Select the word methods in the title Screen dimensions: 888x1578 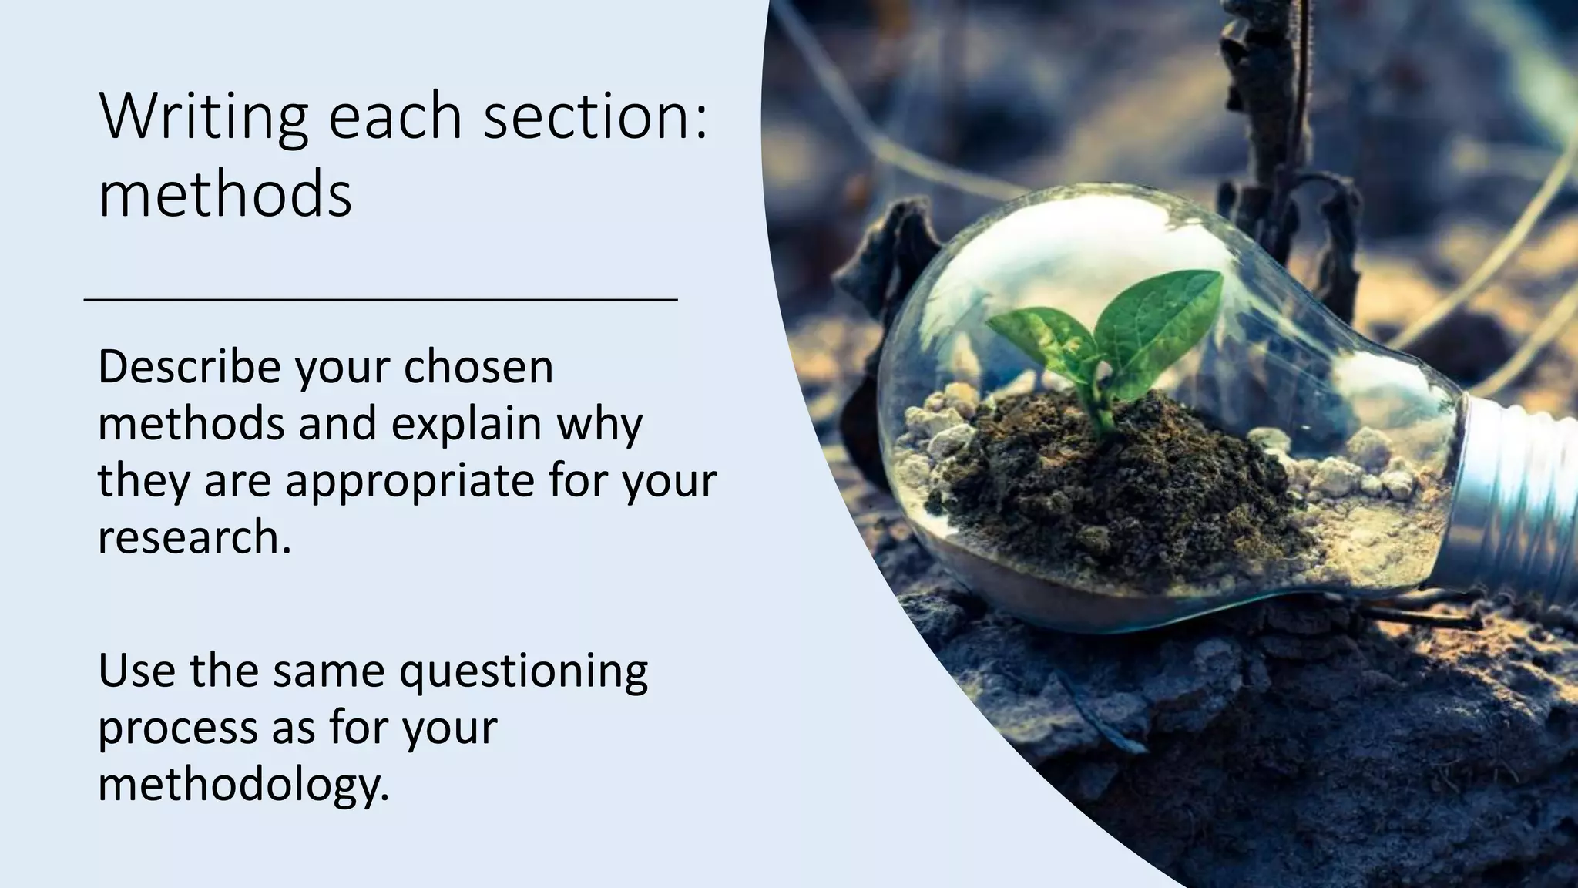click(225, 194)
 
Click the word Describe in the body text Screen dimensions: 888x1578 click(189, 367)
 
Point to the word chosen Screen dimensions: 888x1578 click(478, 367)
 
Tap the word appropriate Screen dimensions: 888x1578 click(410, 480)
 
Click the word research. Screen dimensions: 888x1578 click(194, 537)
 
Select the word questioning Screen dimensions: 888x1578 click(523, 671)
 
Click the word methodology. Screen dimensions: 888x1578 click(243, 785)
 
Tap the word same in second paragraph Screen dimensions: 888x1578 click(327, 671)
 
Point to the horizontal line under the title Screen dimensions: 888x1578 click(381, 299)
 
